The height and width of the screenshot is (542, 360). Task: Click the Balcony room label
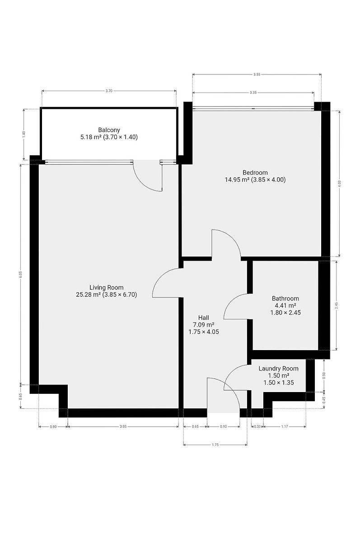[x=109, y=130]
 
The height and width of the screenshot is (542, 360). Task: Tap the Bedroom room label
[x=255, y=173]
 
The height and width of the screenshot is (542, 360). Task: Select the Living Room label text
[x=107, y=287]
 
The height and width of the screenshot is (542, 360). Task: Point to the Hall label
[x=203, y=318]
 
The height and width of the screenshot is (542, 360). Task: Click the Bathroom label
[x=285, y=299]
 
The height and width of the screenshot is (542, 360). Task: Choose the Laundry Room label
[x=278, y=369]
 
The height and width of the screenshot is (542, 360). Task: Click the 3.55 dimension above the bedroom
[x=257, y=75]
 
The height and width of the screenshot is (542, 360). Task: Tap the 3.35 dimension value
[x=253, y=93]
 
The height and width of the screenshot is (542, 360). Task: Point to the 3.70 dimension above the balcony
[x=109, y=91]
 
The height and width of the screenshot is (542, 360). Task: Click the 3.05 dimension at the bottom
[x=123, y=426]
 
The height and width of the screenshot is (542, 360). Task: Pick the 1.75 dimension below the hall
[x=215, y=445]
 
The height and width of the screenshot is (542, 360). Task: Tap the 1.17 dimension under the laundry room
[x=285, y=426]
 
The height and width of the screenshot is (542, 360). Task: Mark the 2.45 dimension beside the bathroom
[x=337, y=305]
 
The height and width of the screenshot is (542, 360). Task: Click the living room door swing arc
[x=160, y=276]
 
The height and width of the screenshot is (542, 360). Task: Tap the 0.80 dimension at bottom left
[x=53, y=427]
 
